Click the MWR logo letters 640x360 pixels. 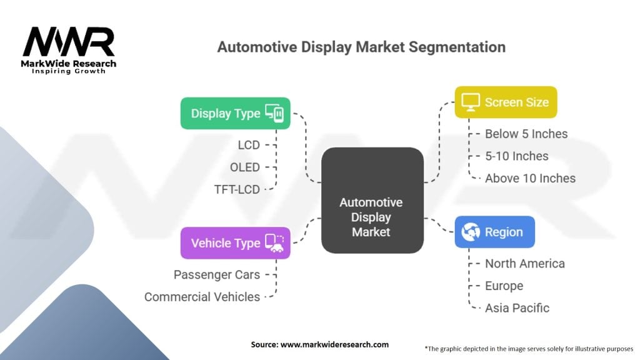click(x=69, y=42)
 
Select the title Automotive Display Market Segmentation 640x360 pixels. click(x=361, y=47)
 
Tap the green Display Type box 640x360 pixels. click(x=235, y=113)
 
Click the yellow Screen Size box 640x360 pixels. click(x=505, y=102)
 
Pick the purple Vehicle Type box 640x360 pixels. click(x=235, y=243)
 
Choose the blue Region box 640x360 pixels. click(x=494, y=232)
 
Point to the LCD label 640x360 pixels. click(x=248, y=145)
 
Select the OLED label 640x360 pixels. click(x=244, y=167)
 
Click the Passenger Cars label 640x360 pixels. click(x=216, y=274)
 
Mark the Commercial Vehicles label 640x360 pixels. click(x=202, y=296)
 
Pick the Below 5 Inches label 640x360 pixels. click(x=526, y=134)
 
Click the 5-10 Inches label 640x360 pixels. click(x=516, y=156)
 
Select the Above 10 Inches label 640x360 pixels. click(x=530, y=178)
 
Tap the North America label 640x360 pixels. click(x=524, y=263)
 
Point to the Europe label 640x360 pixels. click(x=504, y=286)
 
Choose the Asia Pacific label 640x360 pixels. click(x=517, y=307)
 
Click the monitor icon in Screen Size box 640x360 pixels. click(x=470, y=102)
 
